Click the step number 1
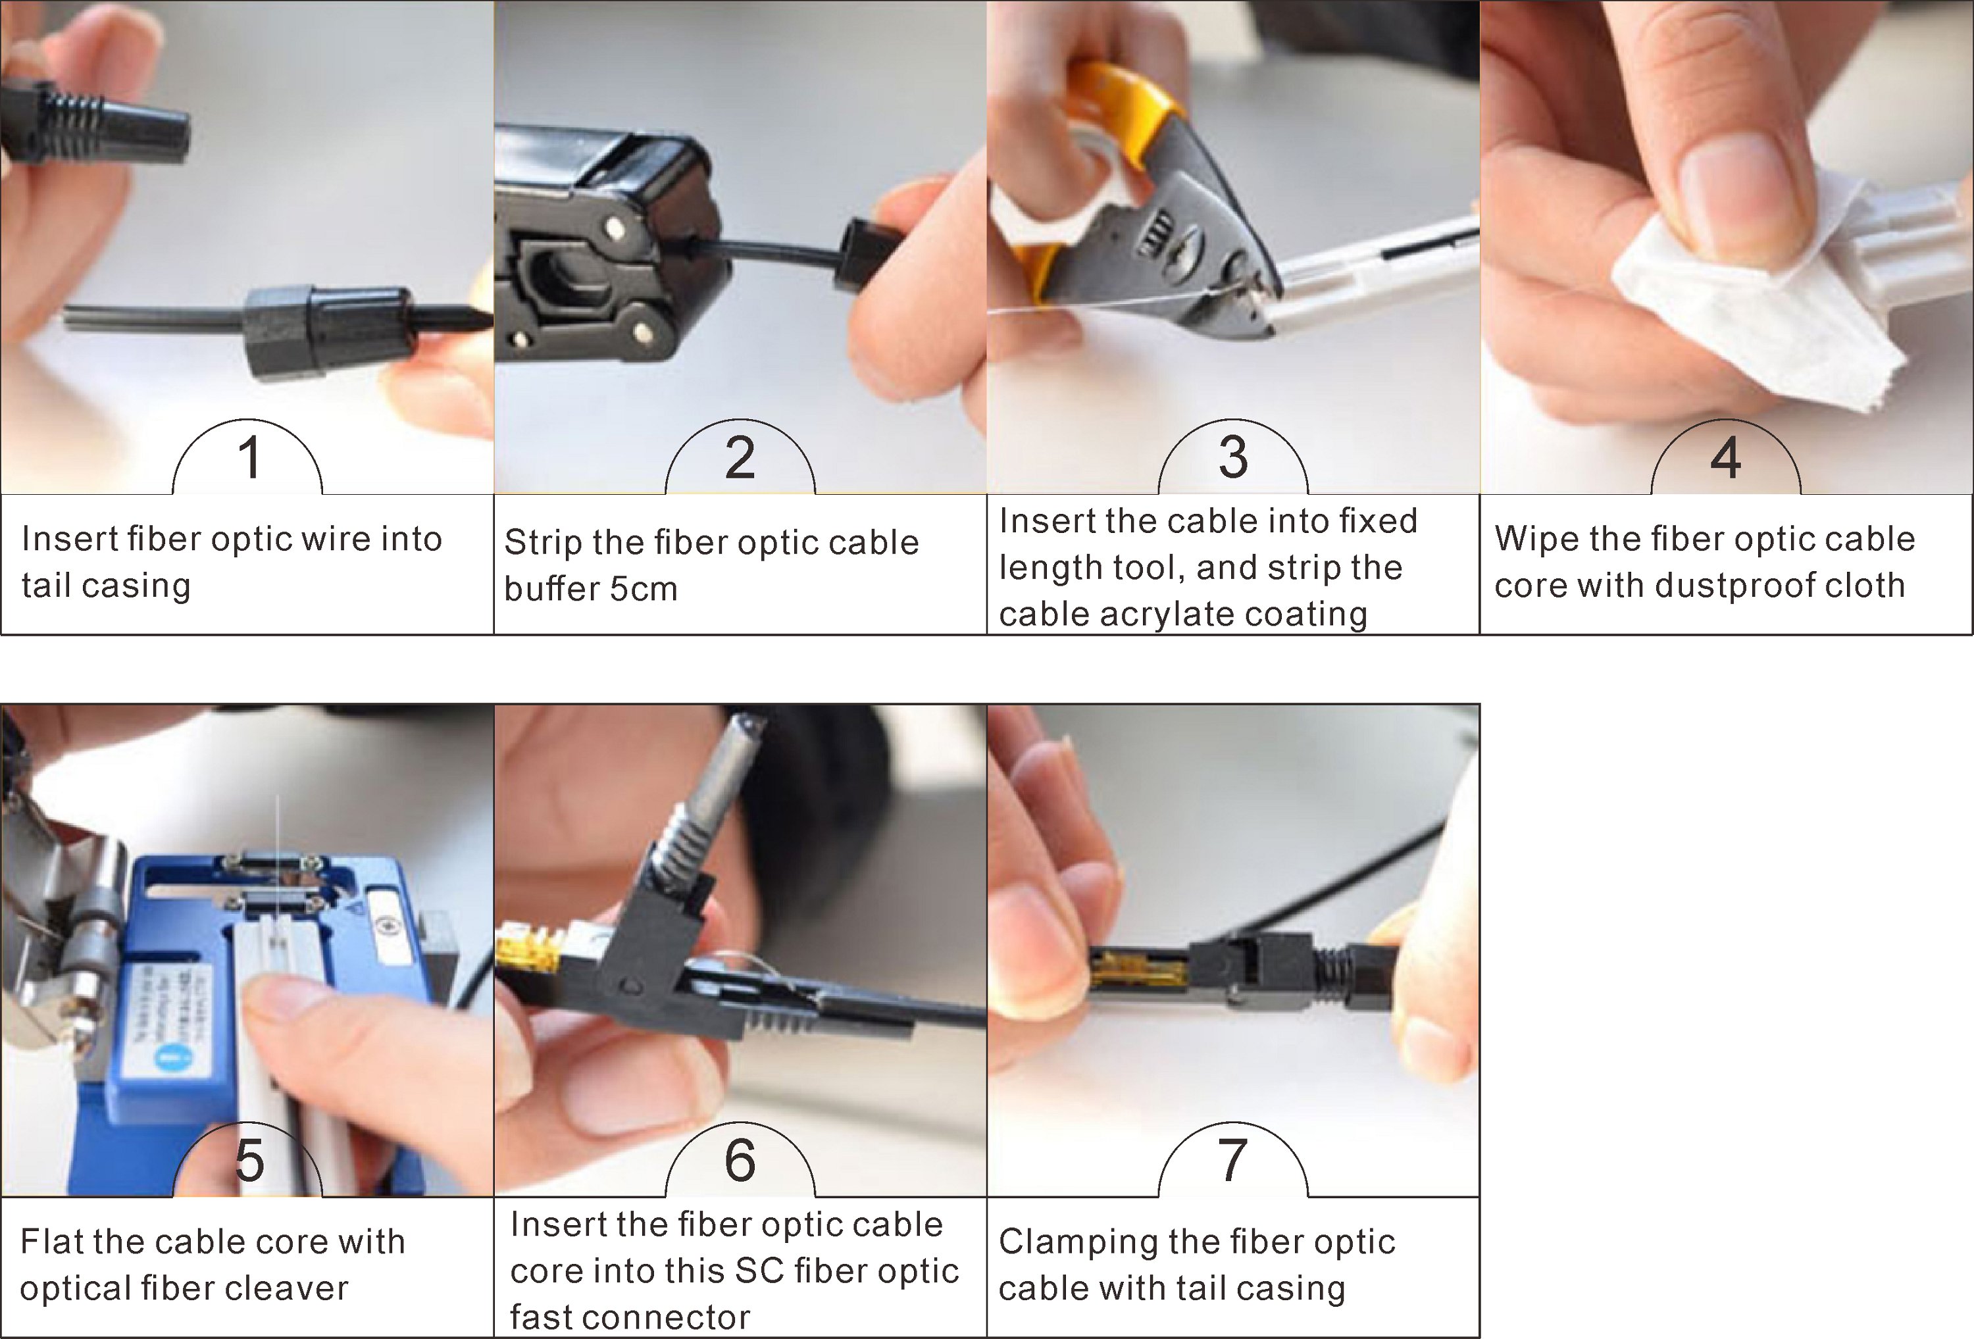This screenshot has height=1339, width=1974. click(249, 457)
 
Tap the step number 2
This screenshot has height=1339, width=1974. click(740, 457)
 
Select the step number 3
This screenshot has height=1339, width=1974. click(1232, 457)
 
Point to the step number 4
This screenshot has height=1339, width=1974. click(1725, 457)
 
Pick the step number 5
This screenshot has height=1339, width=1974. click(249, 1161)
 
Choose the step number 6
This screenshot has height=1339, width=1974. click(740, 1160)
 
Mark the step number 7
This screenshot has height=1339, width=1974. click(1232, 1160)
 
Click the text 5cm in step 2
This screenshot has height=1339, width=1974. click(643, 588)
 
